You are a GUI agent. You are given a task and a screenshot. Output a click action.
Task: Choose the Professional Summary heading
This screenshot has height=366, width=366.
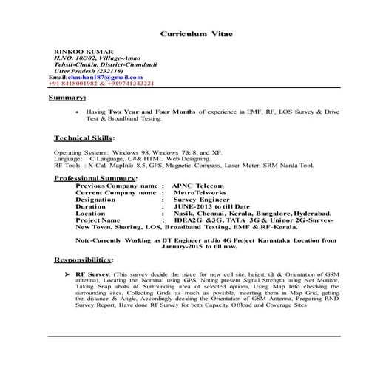[x=95, y=178]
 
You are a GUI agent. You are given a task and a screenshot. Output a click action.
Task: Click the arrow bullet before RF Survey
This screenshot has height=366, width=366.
[x=67, y=273]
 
